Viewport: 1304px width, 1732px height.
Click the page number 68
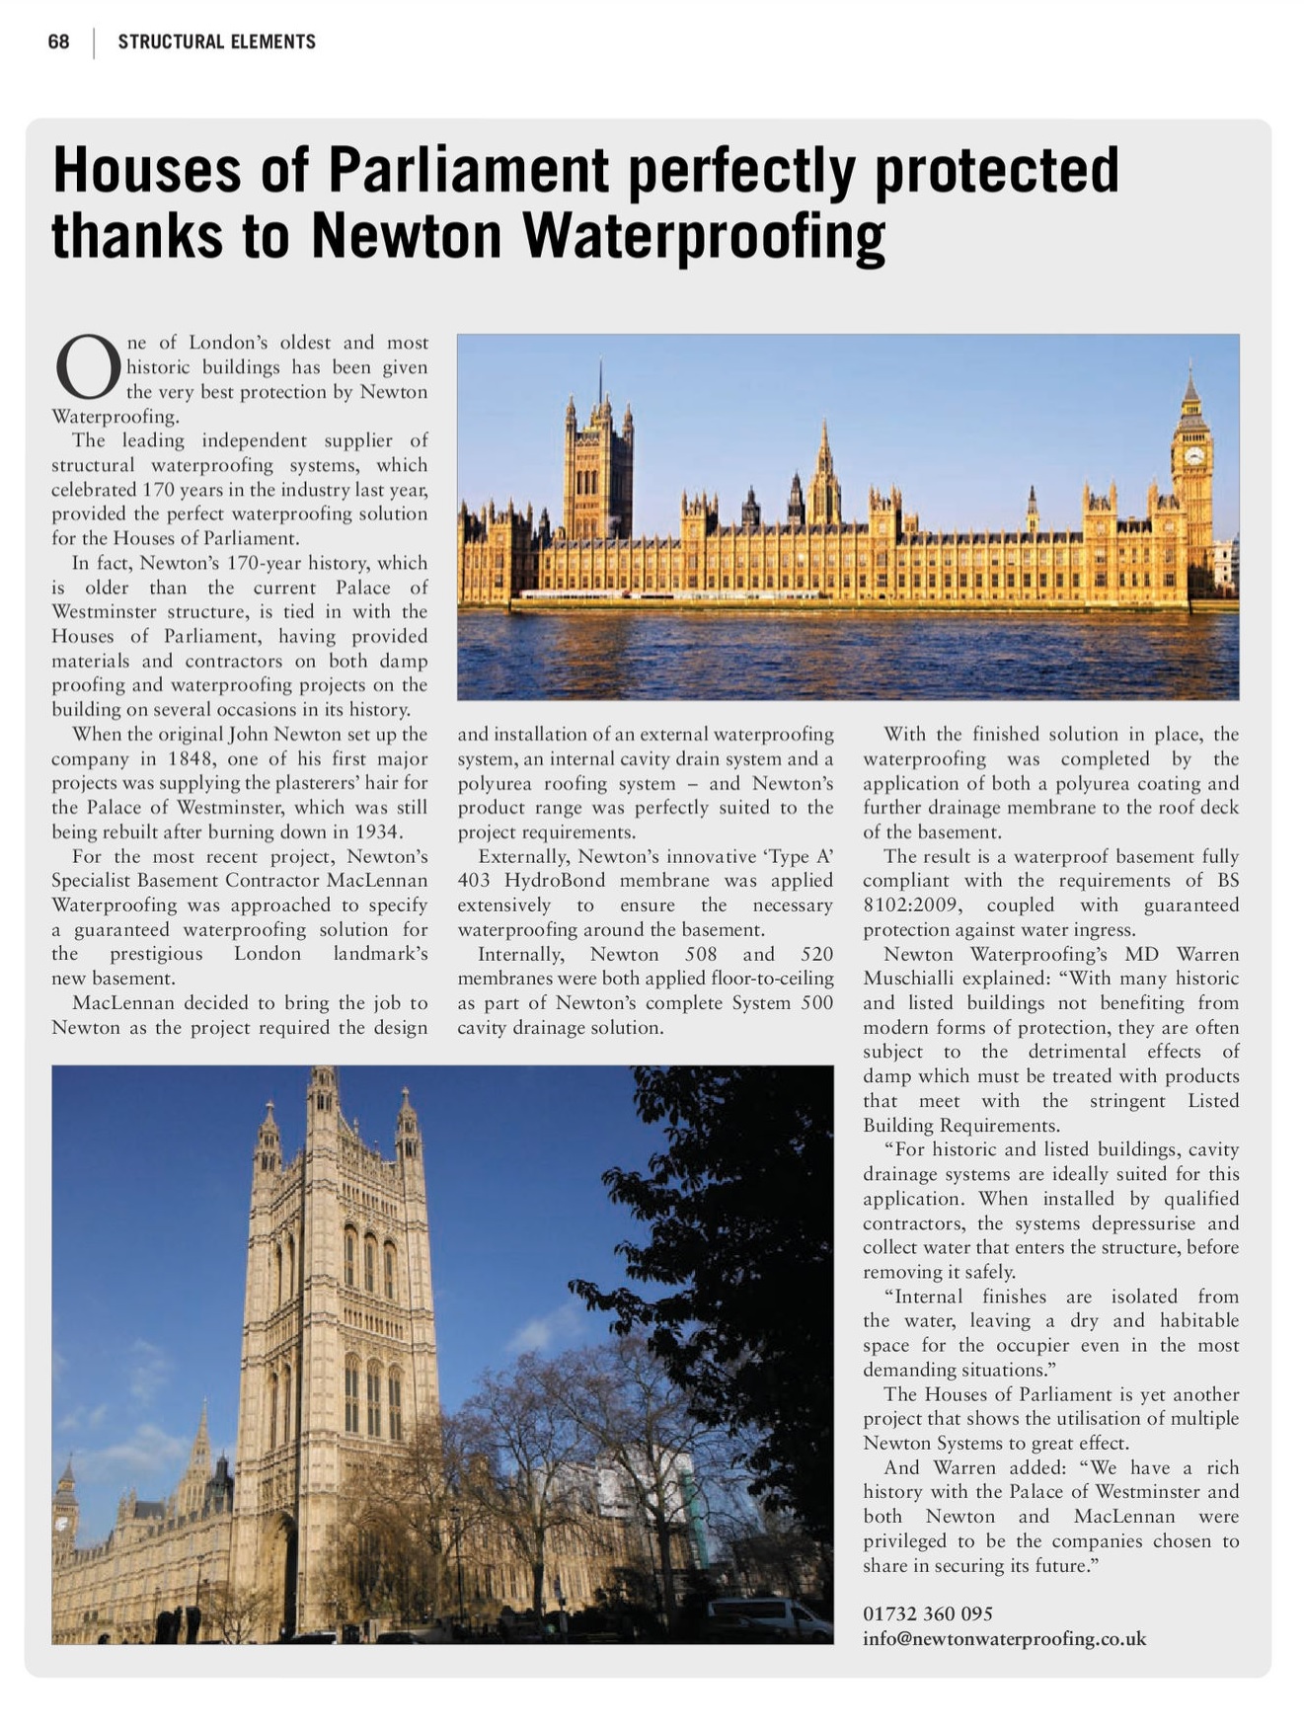tap(58, 41)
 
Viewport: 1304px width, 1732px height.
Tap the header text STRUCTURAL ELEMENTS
tap(216, 41)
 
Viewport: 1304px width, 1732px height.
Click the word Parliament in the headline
tap(468, 170)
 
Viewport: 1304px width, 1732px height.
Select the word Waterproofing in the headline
tap(702, 236)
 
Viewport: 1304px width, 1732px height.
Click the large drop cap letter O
tap(87, 366)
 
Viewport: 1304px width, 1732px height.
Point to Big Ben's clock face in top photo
tap(1193, 455)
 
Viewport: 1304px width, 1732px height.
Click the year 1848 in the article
tap(191, 759)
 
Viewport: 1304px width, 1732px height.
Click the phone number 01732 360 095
tap(928, 1614)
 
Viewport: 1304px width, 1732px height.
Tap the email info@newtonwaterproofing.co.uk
tap(1004, 1638)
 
